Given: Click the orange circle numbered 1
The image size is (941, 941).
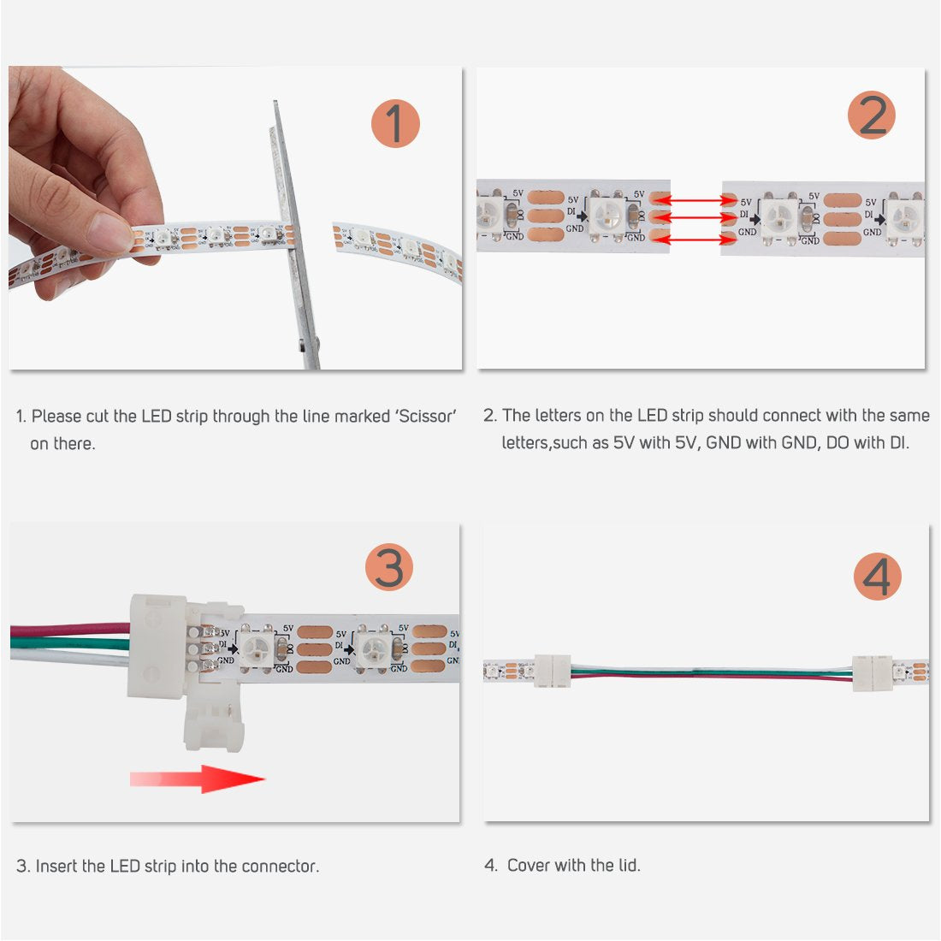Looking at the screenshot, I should [395, 123].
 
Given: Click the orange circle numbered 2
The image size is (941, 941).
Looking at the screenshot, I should [872, 115].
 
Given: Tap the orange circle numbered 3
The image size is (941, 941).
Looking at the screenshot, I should [389, 567].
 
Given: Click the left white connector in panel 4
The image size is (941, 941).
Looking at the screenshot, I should [553, 670].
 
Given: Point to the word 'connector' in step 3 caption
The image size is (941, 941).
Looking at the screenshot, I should [279, 867].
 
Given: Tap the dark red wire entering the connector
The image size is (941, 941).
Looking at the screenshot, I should [68, 630].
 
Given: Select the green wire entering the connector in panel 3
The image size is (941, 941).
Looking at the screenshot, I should [68, 642].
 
